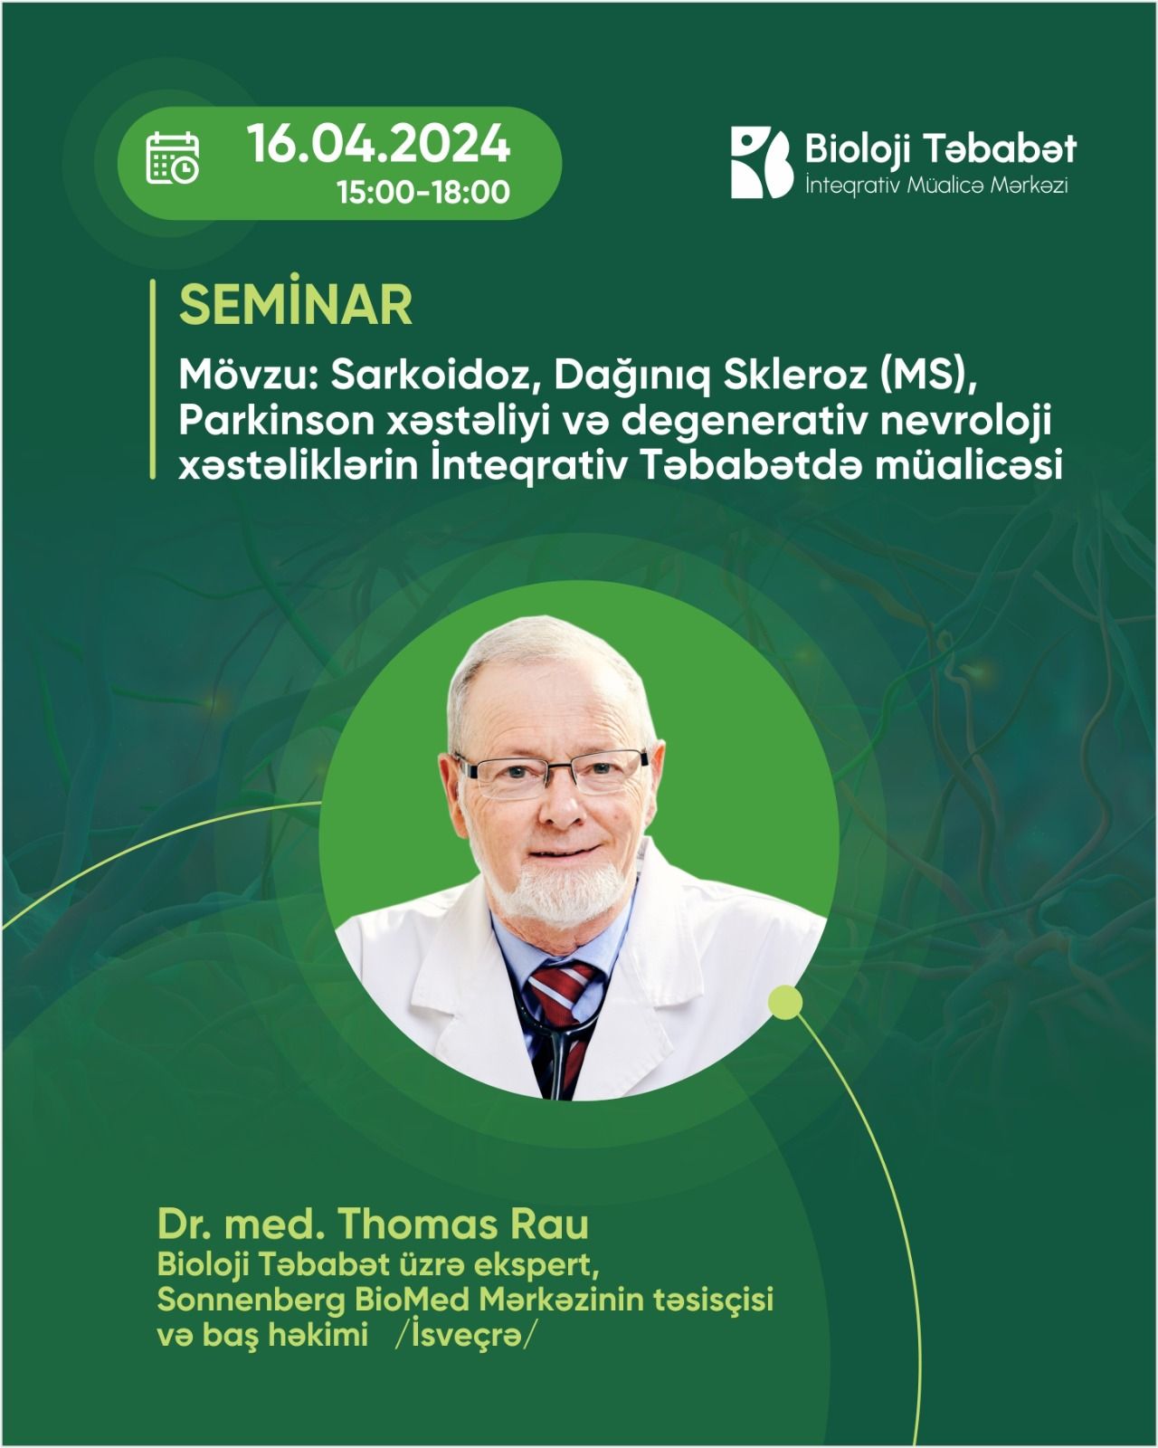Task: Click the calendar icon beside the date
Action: pyautogui.click(x=172, y=157)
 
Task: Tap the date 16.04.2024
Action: pyautogui.click(x=379, y=143)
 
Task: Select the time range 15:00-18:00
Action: pyautogui.click(x=423, y=193)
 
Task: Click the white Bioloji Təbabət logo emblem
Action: pyautogui.click(x=762, y=163)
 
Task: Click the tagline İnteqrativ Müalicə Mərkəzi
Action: pyautogui.click(x=936, y=186)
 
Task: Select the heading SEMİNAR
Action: pyautogui.click(x=296, y=306)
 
